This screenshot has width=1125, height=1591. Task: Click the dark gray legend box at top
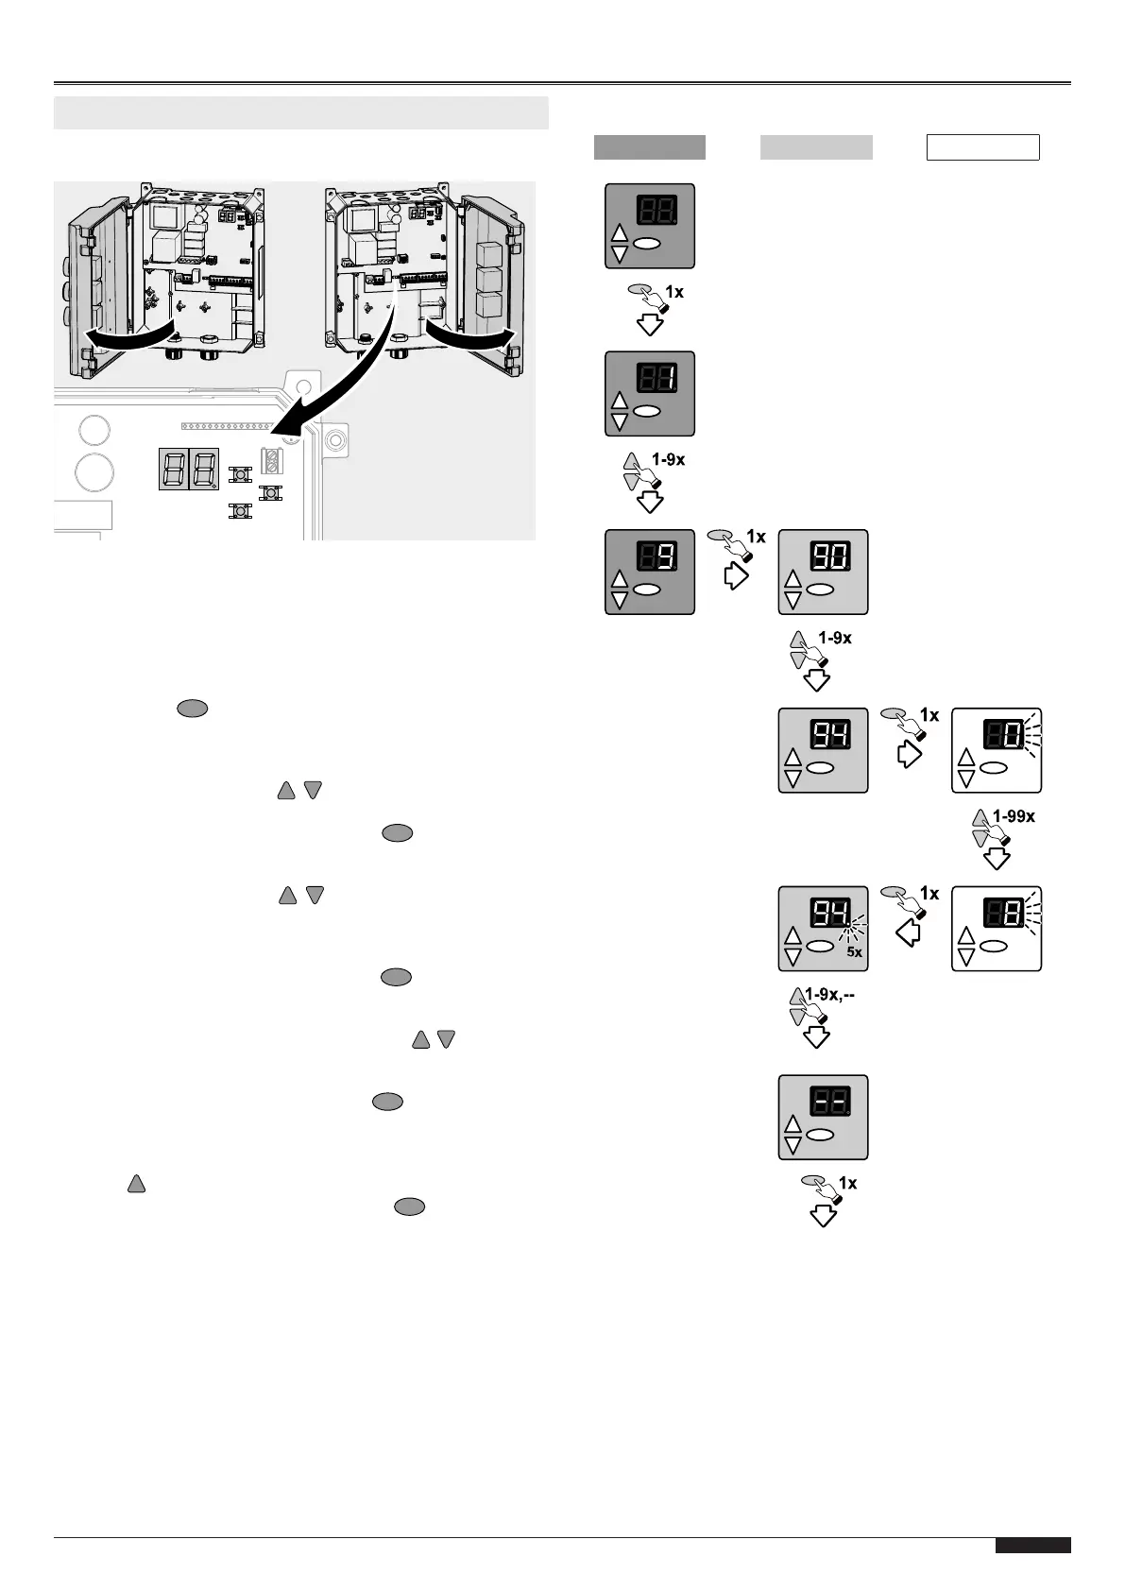649,147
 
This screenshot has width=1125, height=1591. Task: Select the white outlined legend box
982,147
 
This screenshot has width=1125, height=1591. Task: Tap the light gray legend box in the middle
816,147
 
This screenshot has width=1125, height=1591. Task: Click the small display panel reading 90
823,572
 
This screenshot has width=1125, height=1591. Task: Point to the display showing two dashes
823,1117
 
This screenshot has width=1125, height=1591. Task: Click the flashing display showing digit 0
997,750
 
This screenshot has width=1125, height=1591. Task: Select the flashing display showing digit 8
997,928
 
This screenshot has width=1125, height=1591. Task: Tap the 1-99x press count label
1014,816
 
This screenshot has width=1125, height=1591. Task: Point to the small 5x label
854,952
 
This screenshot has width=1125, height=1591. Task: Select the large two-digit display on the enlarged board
189,469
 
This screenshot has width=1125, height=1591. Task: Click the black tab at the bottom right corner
1032,1545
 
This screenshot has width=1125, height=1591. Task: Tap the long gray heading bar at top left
301,112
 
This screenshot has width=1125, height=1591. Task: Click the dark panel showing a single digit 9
650,572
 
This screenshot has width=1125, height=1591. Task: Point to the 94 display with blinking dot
823,928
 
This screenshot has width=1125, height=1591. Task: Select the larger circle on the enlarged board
94,471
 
